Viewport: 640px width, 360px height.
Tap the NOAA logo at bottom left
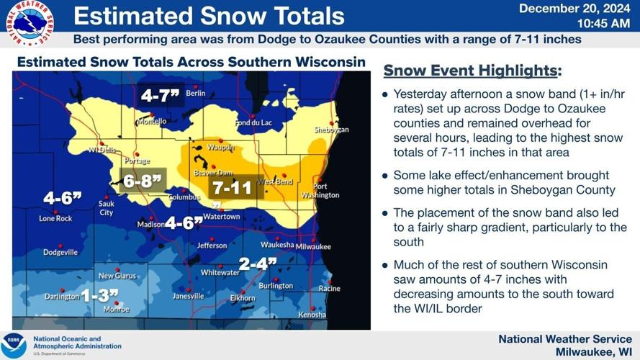14,345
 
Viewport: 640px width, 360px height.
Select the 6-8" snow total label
143,181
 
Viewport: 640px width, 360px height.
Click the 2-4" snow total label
258,264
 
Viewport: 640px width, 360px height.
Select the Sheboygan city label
331,130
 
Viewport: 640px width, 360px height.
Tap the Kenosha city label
312,315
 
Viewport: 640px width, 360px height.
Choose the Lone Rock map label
55,218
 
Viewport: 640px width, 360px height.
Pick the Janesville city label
188,296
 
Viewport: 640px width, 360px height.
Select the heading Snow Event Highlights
472,71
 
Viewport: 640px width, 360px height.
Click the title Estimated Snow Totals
209,16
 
